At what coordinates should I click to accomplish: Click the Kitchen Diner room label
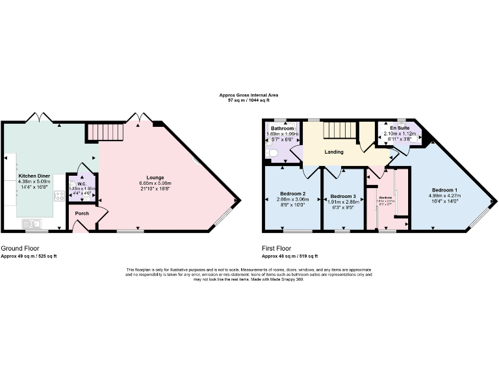pyautogui.click(x=34, y=176)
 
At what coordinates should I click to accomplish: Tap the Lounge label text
pyautogui.click(x=155, y=177)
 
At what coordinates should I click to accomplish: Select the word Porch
pyautogui.click(x=82, y=214)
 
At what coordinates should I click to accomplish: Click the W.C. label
pyautogui.click(x=81, y=184)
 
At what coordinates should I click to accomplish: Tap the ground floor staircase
pyautogui.click(x=105, y=133)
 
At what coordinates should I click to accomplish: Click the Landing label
pyautogui.click(x=335, y=152)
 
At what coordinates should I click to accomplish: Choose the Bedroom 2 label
pyautogui.click(x=293, y=194)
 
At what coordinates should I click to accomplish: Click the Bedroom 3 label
pyautogui.click(x=343, y=197)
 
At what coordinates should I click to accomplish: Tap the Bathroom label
pyautogui.click(x=283, y=128)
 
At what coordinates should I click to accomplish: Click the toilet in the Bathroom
pyautogui.click(x=273, y=153)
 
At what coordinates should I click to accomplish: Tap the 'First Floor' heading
pyautogui.click(x=277, y=248)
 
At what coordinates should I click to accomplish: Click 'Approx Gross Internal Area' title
pyautogui.click(x=249, y=96)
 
